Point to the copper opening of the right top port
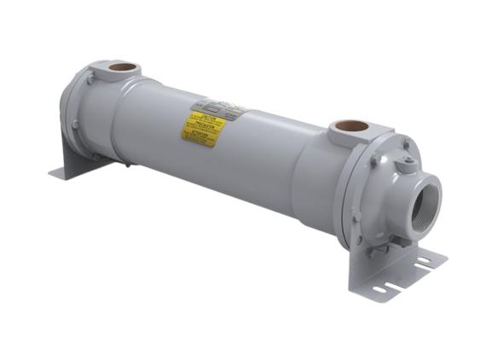(351, 126)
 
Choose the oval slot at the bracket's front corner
(379, 290)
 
